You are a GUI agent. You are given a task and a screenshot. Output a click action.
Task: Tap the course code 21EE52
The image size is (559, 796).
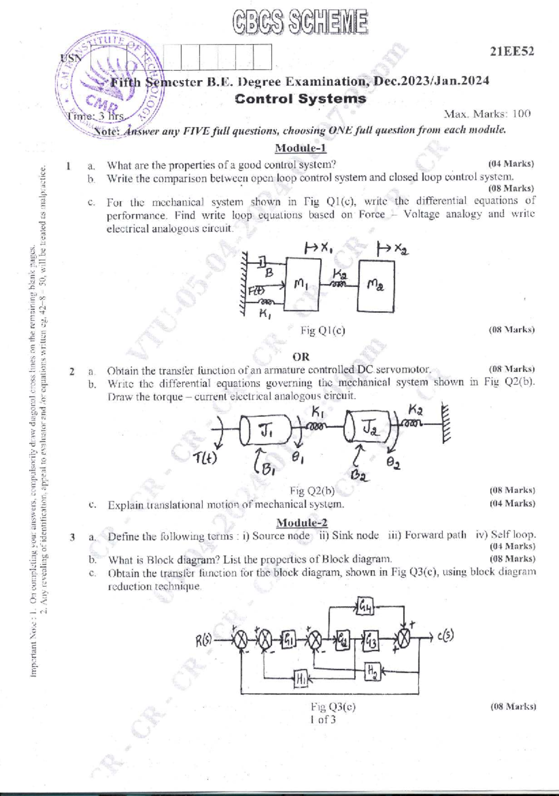[511, 51]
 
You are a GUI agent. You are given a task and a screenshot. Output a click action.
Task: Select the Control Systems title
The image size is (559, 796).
[300, 99]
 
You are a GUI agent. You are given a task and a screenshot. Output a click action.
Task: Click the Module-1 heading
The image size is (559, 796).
[300, 148]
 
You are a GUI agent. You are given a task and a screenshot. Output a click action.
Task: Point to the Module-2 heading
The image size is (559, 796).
[301, 523]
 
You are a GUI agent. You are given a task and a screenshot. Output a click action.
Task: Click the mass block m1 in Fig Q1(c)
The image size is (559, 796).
[302, 284]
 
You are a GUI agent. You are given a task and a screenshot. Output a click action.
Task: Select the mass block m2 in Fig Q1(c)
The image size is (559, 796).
[375, 286]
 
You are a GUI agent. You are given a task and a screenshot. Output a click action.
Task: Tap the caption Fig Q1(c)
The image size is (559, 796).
[323, 331]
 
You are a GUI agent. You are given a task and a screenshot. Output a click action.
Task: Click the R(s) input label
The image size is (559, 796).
[204, 641]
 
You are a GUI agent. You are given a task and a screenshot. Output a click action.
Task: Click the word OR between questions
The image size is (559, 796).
[301, 357]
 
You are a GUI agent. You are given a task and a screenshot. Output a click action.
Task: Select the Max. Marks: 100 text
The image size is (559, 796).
[487, 114]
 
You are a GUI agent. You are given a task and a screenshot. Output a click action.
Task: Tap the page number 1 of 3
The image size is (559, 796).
[323, 720]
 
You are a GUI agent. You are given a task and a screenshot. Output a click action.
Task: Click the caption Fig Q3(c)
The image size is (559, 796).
[333, 707]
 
